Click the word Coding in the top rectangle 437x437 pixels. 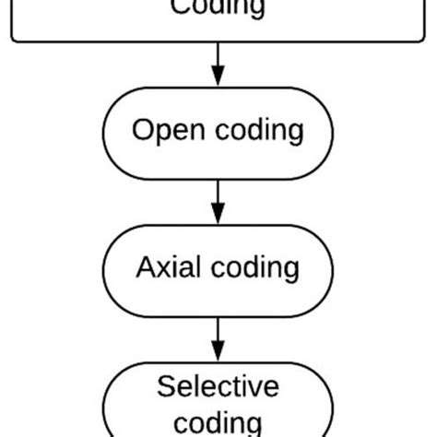point(218,8)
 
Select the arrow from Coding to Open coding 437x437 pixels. point(218,63)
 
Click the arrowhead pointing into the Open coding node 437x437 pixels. point(218,78)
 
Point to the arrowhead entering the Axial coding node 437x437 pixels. point(218,215)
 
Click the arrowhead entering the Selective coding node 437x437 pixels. point(218,352)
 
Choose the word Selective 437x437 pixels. point(218,386)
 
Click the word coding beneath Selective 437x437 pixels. point(218,423)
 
